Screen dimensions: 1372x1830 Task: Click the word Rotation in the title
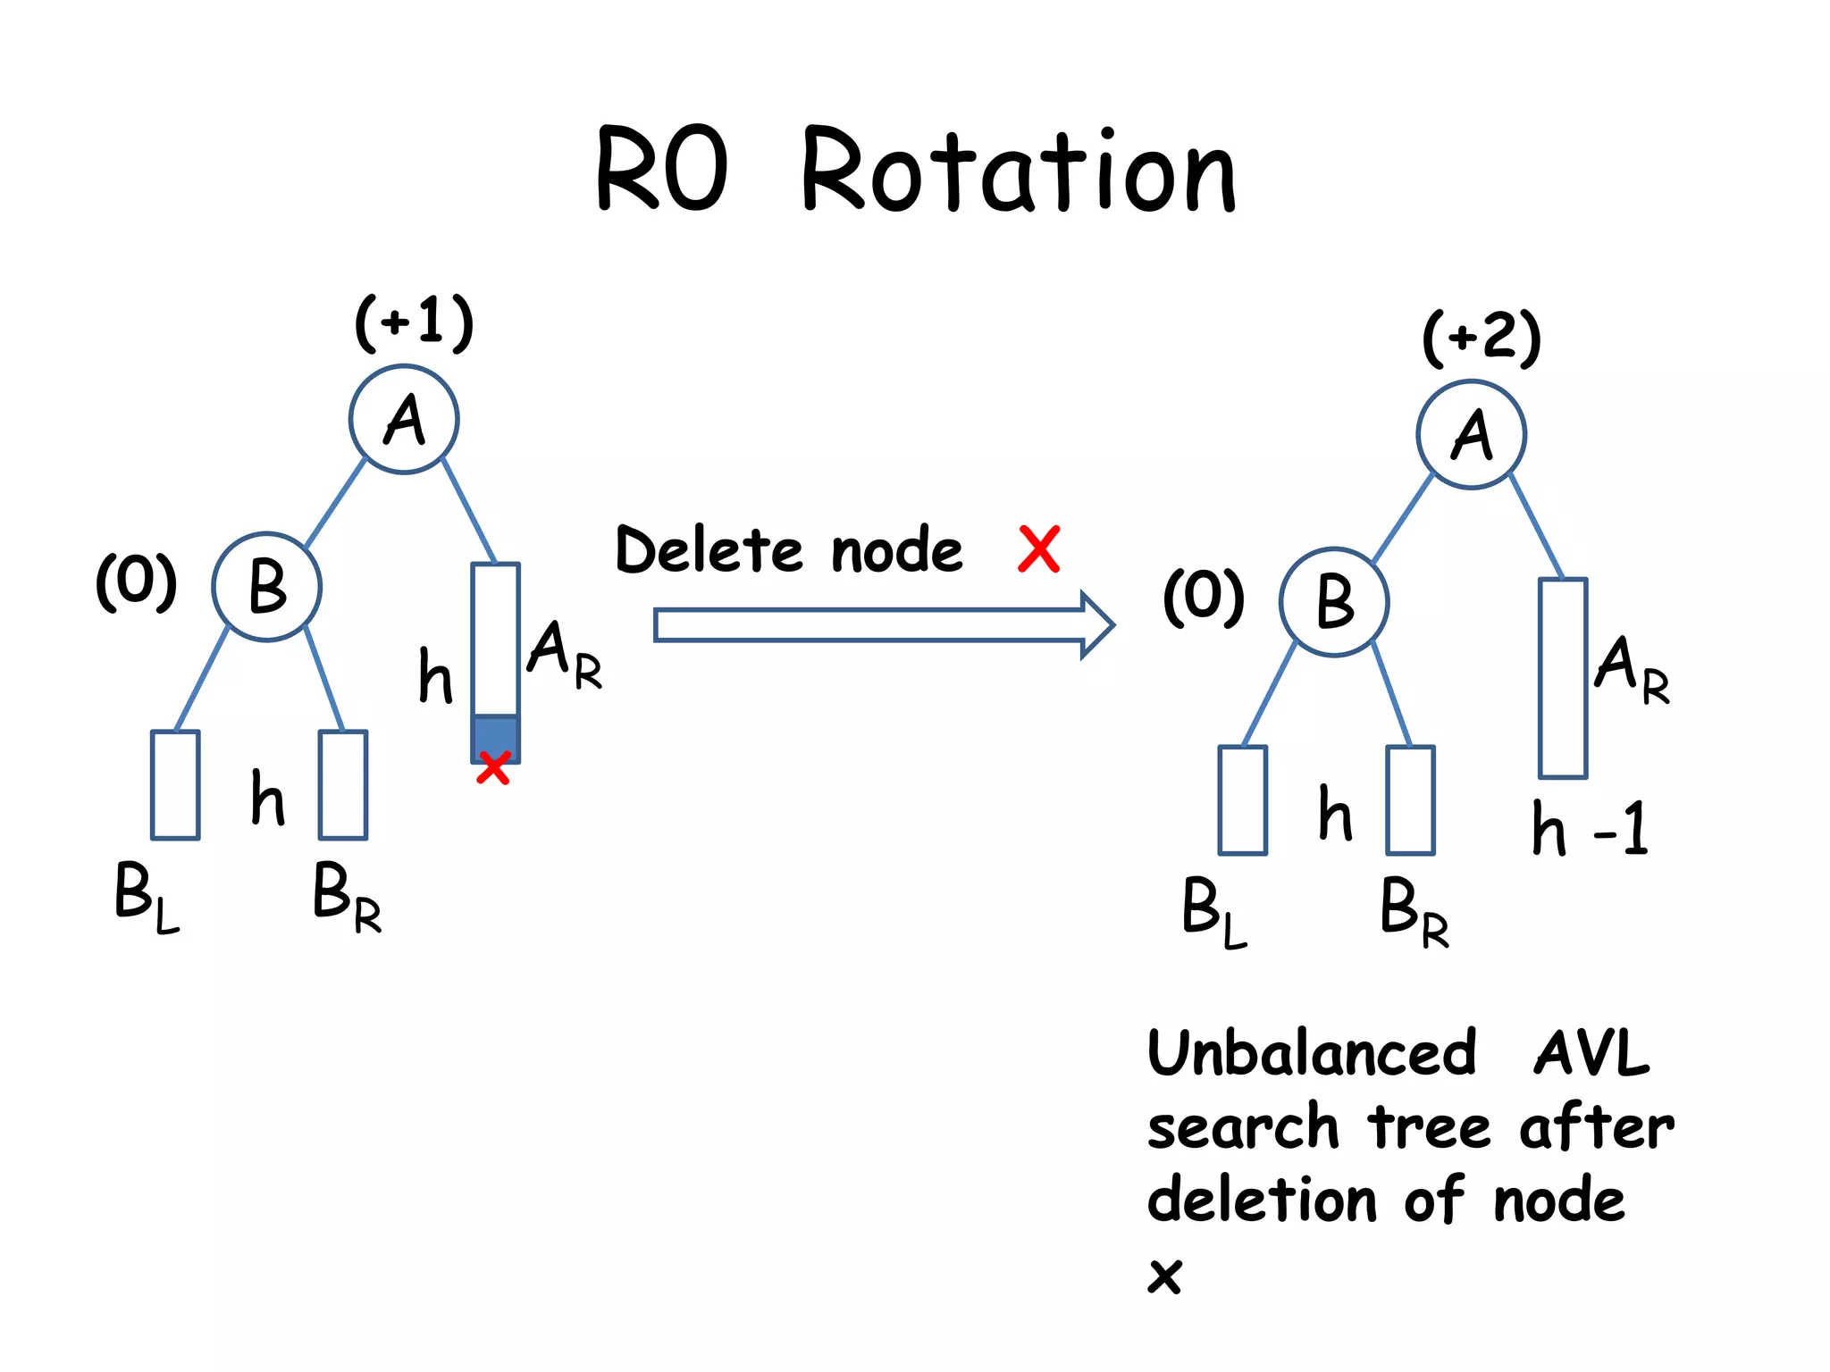[1019, 171]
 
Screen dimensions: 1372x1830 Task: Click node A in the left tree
[404, 419]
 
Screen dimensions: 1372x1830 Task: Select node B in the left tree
[266, 587]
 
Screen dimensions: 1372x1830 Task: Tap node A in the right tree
[1471, 434]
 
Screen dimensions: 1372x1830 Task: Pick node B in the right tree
[1333, 602]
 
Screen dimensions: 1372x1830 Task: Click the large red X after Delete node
[1039, 548]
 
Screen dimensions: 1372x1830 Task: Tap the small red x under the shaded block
[493, 768]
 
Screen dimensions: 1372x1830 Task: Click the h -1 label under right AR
[1589, 830]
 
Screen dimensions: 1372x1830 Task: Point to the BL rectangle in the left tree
[175, 785]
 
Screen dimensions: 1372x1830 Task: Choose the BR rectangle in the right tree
[1410, 800]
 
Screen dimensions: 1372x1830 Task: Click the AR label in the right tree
[1632, 667]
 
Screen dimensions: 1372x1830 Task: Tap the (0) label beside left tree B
[137, 581]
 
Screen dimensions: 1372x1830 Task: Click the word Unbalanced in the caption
[1311, 1053]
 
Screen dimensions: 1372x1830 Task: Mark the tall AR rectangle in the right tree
[1562, 678]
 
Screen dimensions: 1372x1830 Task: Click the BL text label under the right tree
[1213, 910]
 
